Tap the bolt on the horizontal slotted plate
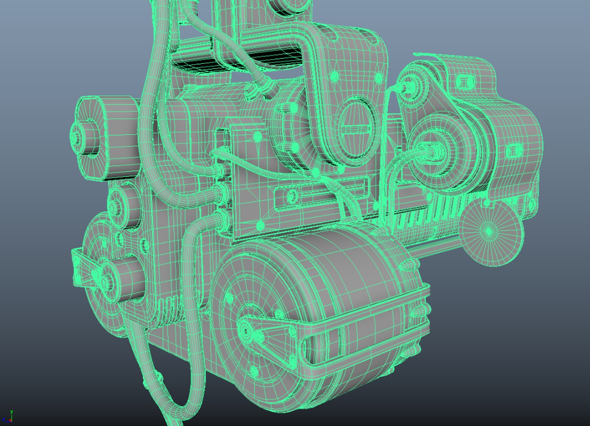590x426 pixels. [x=292, y=195]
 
